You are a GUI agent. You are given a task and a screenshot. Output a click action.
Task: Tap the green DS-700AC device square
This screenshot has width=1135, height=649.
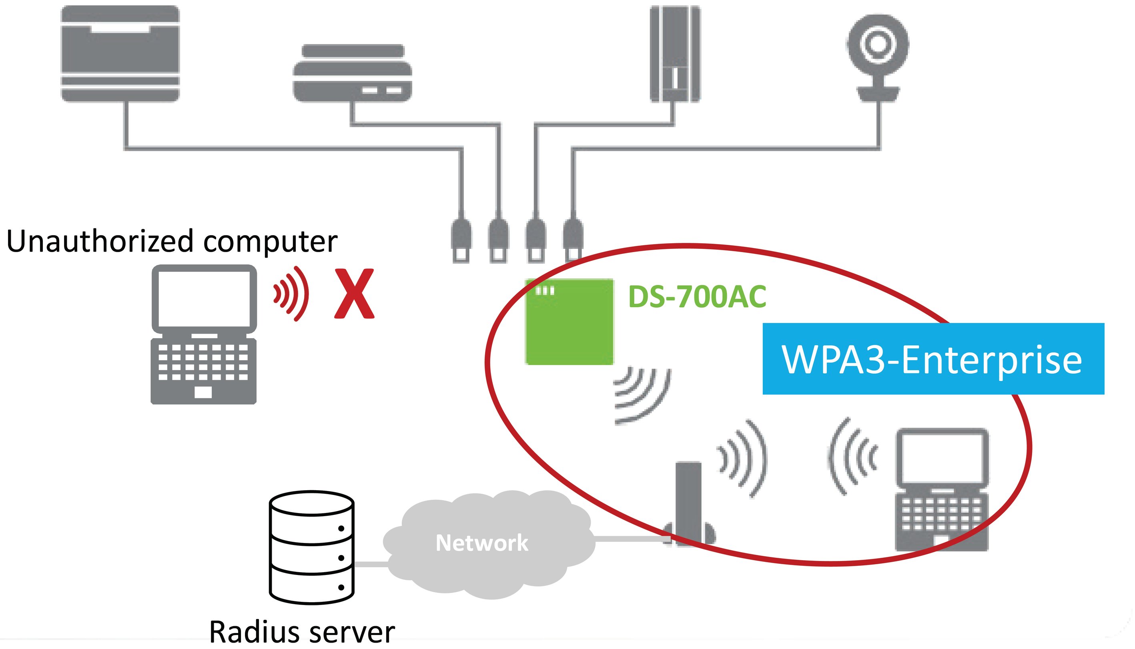tap(569, 322)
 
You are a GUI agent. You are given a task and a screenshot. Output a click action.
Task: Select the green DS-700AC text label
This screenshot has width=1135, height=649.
tap(697, 296)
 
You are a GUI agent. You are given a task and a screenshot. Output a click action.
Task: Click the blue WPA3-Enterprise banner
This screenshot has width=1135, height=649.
tap(933, 359)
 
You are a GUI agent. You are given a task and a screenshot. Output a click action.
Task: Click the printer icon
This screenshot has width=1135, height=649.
tap(120, 54)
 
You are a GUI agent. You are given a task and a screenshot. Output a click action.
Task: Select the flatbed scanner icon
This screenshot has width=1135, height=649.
tap(352, 74)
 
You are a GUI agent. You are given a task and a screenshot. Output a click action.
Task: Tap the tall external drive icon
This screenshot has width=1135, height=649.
tap(674, 54)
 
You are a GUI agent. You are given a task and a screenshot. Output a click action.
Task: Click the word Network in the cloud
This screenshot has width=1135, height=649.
tap(481, 543)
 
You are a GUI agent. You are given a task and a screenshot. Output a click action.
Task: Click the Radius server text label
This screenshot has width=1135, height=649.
tap(302, 632)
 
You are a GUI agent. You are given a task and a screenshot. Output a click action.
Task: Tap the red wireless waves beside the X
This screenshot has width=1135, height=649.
tap(292, 294)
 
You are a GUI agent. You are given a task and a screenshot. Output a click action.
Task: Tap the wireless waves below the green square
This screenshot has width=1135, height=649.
tap(642, 395)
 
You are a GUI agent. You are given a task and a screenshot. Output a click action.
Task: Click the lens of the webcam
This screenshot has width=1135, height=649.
tap(878, 44)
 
